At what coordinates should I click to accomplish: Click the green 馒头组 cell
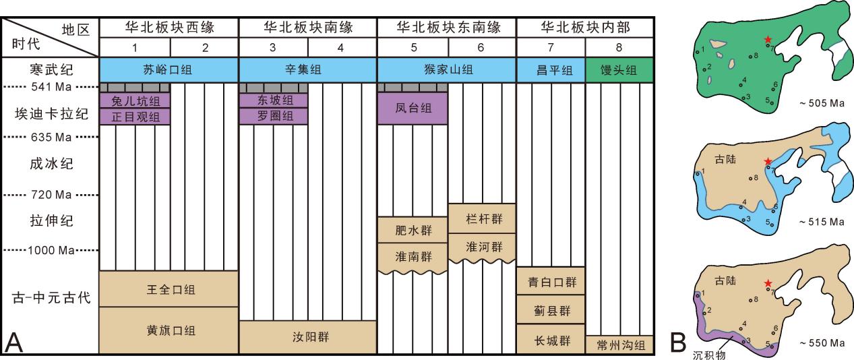pos(619,70)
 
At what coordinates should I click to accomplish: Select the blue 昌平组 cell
pos(551,70)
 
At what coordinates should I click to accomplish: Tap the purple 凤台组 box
pos(413,109)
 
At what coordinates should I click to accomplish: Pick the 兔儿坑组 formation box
pos(135,100)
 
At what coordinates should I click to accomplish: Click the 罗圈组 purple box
pos(274,117)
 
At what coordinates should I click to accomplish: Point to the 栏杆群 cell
pos(483,218)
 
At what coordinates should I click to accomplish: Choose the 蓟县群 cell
pos(551,309)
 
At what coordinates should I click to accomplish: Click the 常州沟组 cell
pos(619,344)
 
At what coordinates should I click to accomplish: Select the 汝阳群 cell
pos(308,337)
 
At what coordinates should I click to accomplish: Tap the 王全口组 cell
pos(169,289)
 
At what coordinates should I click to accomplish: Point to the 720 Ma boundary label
pos(51,195)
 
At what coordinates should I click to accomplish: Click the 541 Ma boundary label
pos(51,87)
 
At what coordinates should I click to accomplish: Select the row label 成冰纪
pos(51,164)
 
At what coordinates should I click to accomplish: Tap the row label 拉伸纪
pos(51,220)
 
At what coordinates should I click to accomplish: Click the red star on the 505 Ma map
pos(768,39)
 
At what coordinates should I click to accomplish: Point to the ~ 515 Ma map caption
pos(822,222)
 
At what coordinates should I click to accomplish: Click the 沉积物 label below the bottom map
pos(708,355)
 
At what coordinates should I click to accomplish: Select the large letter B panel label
pos(678,342)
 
